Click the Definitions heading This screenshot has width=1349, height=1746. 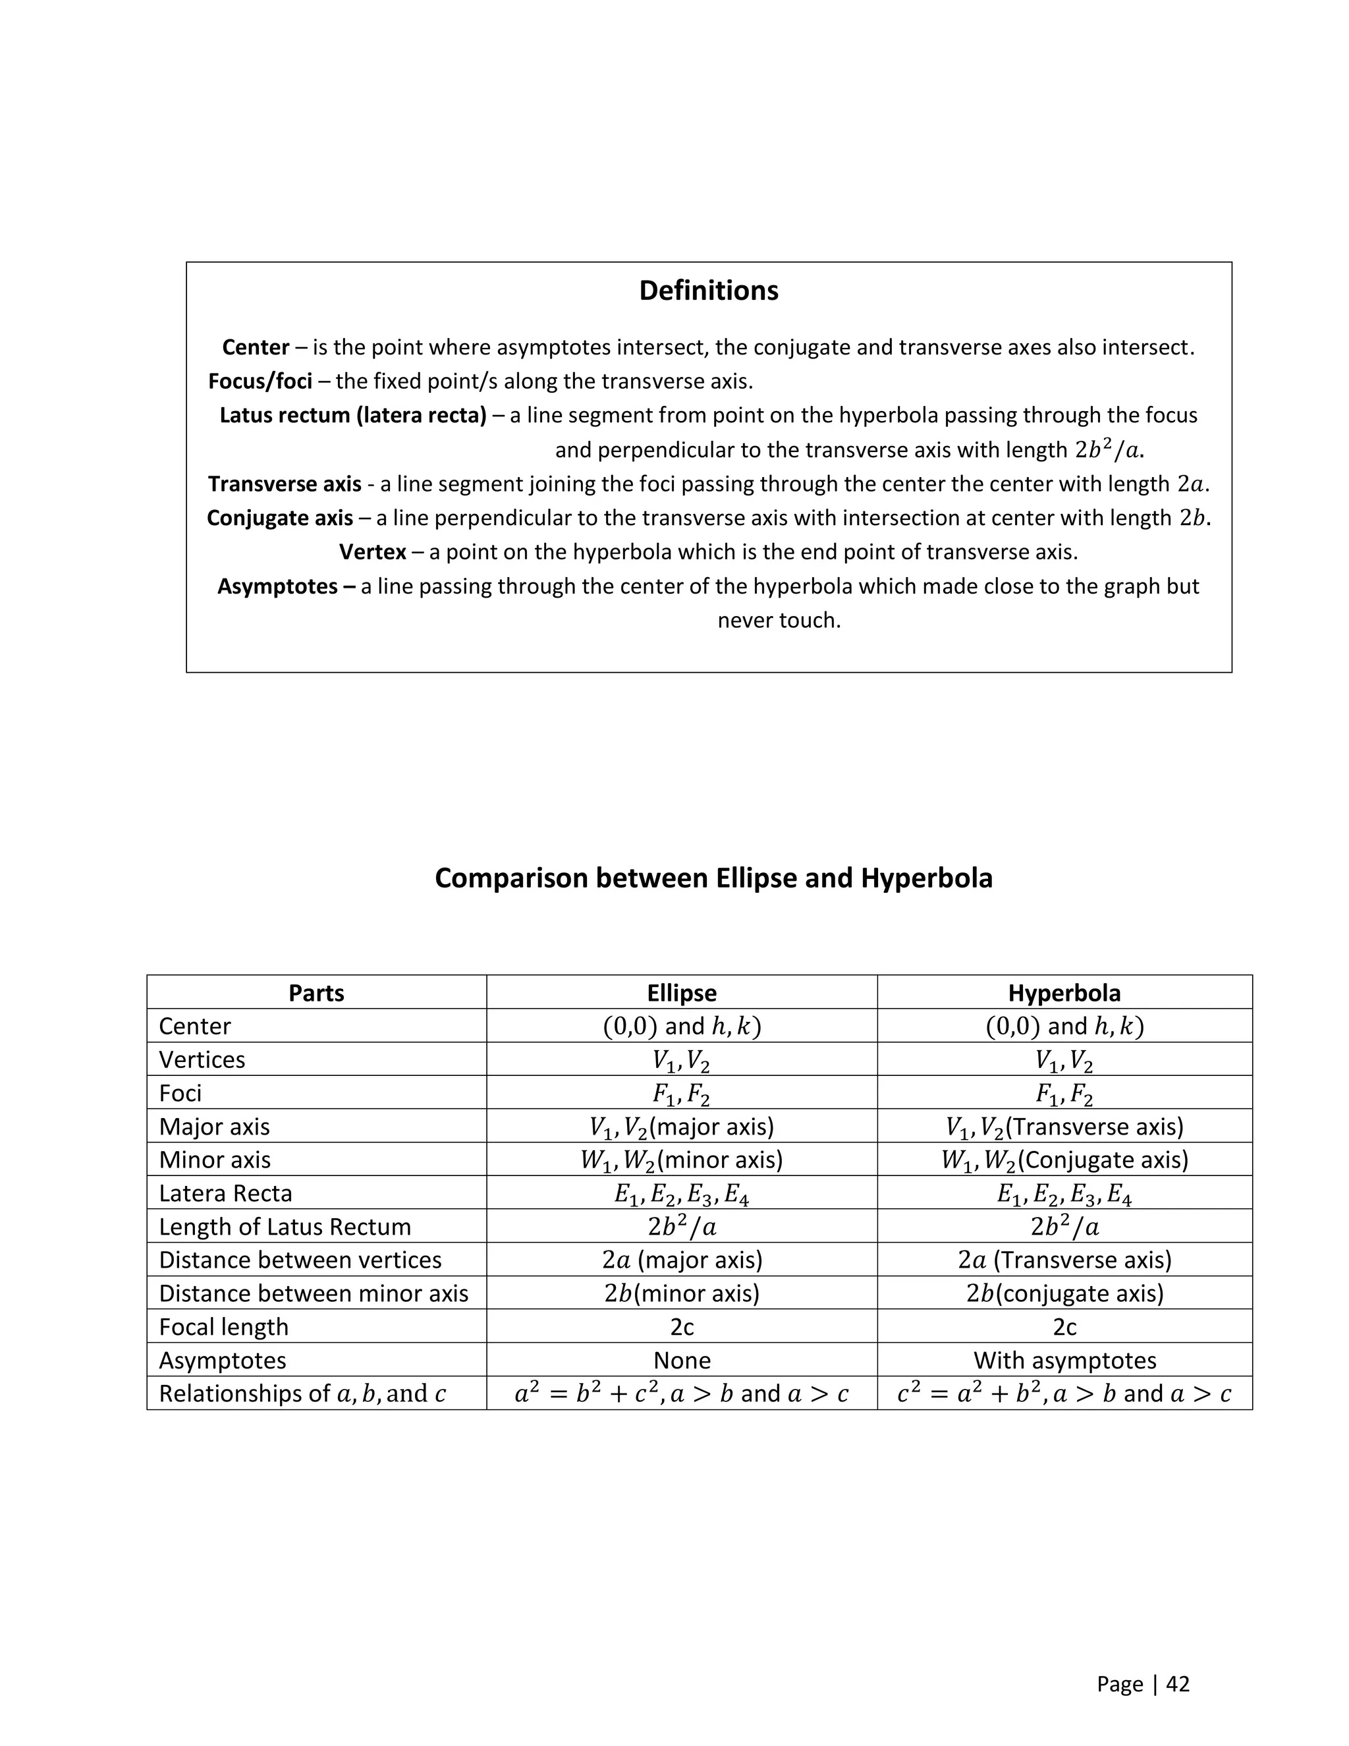(x=708, y=290)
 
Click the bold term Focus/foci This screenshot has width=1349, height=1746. (x=260, y=381)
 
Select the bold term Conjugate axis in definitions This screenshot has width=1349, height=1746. (x=280, y=518)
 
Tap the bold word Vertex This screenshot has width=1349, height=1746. (x=372, y=552)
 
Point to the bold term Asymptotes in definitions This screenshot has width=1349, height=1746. (x=286, y=587)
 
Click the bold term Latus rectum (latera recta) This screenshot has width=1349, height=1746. (x=352, y=416)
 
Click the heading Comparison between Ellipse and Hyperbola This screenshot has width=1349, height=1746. (x=713, y=878)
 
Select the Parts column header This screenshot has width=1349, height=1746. (x=316, y=993)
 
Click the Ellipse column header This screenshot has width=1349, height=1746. (x=681, y=993)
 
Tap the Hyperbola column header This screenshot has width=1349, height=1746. (x=1064, y=993)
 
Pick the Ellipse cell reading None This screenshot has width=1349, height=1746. (x=681, y=1360)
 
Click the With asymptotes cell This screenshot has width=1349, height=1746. (x=1064, y=1360)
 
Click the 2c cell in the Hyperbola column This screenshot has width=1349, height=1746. (x=1064, y=1326)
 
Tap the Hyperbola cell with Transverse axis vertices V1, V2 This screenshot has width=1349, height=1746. (x=1064, y=1127)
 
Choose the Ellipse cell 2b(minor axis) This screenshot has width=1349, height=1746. (x=681, y=1293)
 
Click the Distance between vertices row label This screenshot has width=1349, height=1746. (x=300, y=1260)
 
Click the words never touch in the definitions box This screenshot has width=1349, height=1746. (x=779, y=621)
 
